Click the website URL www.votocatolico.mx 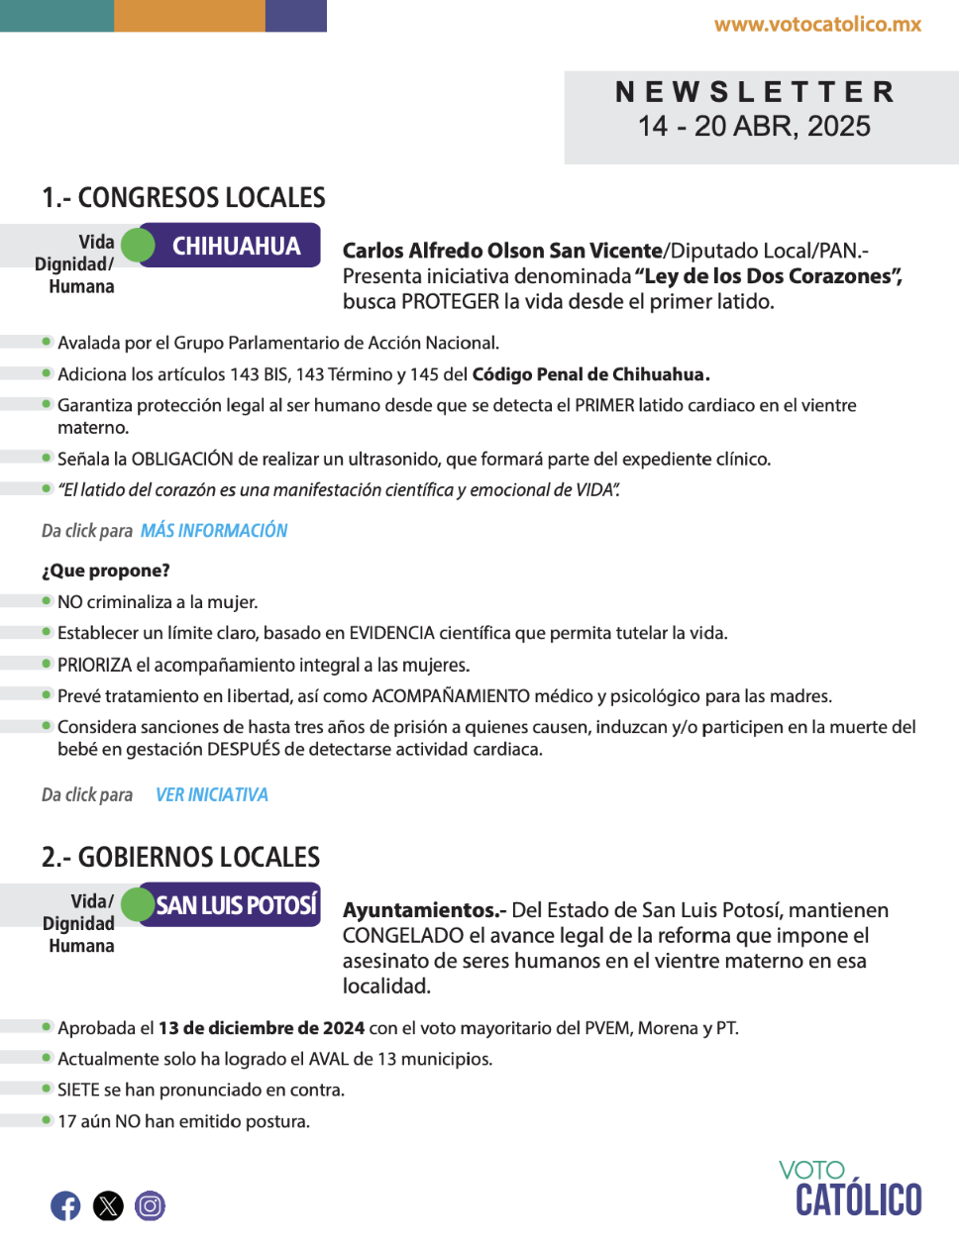click(817, 25)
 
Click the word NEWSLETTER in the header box click(755, 92)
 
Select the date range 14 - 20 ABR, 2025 click(754, 127)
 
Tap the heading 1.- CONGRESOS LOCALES click(183, 198)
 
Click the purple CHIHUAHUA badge click(236, 246)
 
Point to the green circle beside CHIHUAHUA click(139, 245)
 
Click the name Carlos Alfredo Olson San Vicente click(502, 251)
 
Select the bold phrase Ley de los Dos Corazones click(768, 276)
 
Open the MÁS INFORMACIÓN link click(214, 531)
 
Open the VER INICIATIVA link click(212, 795)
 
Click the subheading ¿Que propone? click(106, 571)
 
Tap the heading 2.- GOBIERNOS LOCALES click(180, 858)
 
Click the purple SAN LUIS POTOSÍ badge click(236, 905)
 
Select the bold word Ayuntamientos click(420, 910)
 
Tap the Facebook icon click(65, 1205)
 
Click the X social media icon click(108, 1205)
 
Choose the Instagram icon click(150, 1205)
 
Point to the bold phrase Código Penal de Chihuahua click(590, 374)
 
